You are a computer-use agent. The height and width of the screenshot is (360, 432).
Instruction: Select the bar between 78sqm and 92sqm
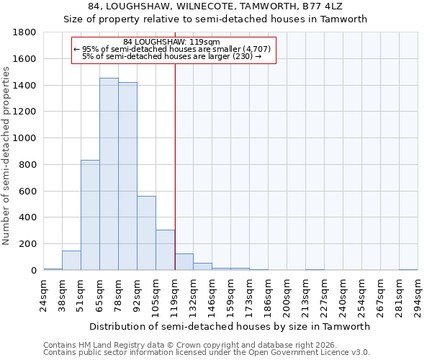pyautogui.click(x=127, y=176)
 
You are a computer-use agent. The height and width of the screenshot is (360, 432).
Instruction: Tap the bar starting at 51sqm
pyautogui.click(x=90, y=215)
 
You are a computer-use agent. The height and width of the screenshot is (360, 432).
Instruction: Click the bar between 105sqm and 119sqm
pyautogui.click(x=165, y=250)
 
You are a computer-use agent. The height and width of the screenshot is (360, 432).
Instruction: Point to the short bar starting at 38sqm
pyautogui.click(x=71, y=261)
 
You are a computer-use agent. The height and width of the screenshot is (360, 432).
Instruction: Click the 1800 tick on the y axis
pyautogui.click(x=25, y=32)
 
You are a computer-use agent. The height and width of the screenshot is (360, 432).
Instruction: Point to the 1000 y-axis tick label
pyautogui.click(x=25, y=138)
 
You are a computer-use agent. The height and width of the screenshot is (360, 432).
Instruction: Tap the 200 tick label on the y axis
pyautogui.click(x=28, y=244)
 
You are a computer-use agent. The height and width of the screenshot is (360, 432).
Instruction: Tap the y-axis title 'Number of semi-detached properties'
pyautogui.click(x=6, y=151)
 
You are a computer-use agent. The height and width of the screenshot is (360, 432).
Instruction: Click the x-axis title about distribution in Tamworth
pyautogui.click(x=231, y=326)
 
